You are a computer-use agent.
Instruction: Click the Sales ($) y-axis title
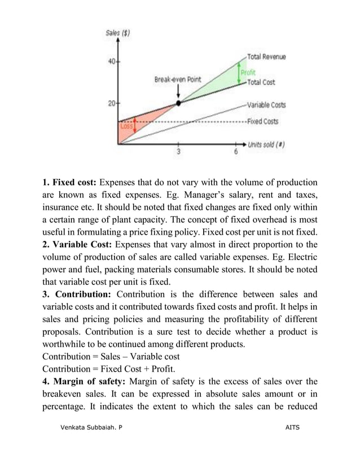click(x=118, y=33)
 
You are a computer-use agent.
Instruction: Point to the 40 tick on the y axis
click(x=112, y=61)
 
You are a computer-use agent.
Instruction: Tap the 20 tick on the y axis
click(x=112, y=104)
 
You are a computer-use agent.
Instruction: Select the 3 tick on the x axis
click(x=179, y=152)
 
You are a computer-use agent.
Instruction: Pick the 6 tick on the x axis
click(x=236, y=152)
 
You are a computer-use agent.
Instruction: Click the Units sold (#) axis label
click(x=266, y=144)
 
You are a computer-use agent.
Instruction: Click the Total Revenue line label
click(x=266, y=57)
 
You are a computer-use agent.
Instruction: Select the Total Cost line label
click(x=261, y=82)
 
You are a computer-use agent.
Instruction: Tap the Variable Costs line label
click(x=266, y=105)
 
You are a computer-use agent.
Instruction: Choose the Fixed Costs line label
click(x=262, y=121)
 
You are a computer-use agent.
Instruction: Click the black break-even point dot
click(x=179, y=103)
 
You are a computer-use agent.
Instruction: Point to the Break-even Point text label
click(x=178, y=80)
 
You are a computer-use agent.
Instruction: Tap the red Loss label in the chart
click(x=126, y=127)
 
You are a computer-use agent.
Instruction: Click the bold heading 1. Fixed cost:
click(x=69, y=182)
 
